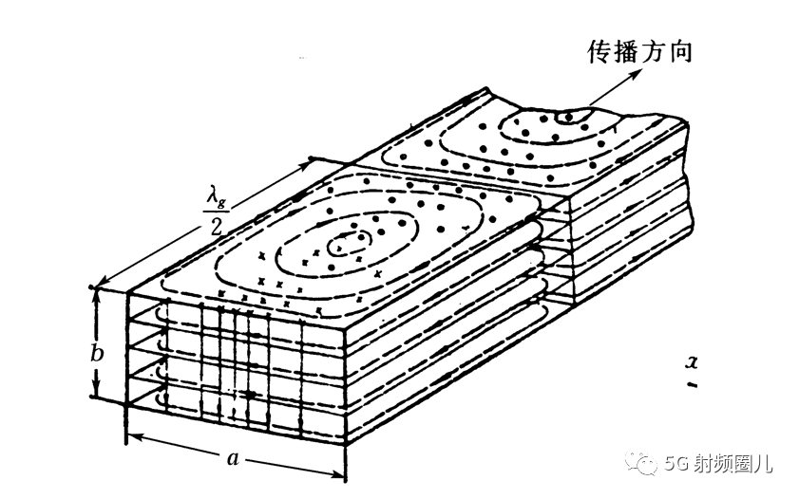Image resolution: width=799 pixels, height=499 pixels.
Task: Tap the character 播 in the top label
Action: pyautogui.click(x=628, y=52)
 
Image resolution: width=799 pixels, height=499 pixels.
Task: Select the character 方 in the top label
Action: pyautogui.click(x=655, y=52)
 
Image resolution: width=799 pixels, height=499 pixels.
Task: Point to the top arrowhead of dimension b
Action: pyautogui.click(x=95, y=290)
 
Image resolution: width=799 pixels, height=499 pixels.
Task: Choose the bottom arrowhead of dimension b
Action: pyautogui.click(x=95, y=396)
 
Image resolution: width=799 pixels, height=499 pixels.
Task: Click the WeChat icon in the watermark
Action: pyautogui.click(x=648, y=464)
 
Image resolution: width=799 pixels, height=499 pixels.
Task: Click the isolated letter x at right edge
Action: pyautogui.click(x=692, y=361)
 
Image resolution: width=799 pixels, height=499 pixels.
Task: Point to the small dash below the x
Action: pyautogui.click(x=693, y=385)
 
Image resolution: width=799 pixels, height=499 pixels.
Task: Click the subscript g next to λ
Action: pyautogui.click(x=225, y=201)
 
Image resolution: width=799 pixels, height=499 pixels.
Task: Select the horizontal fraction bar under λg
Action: pyautogui.click(x=218, y=211)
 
